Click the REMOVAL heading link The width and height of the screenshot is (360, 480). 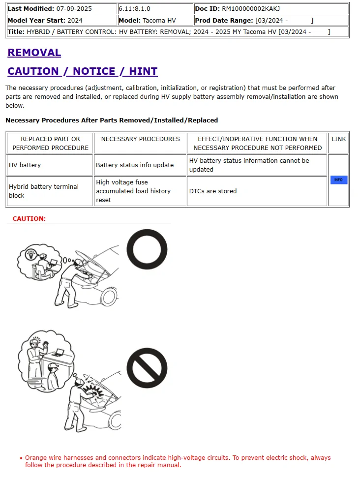(x=34, y=53)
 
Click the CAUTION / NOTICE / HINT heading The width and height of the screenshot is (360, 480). (x=82, y=71)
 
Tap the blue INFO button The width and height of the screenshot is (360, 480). (x=338, y=180)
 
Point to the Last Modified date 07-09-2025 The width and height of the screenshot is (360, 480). (x=74, y=9)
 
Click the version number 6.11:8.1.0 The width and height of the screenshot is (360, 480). (x=135, y=9)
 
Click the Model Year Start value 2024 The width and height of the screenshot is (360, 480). (x=75, y=21)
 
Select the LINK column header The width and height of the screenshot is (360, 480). (x=338, y=139)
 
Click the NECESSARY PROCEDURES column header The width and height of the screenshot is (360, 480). (x=140, y=139)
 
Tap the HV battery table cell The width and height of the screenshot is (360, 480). (x=25, y=165)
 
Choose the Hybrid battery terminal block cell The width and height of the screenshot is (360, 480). (x=44, y=191)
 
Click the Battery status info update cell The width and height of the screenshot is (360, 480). (x=135, y=165)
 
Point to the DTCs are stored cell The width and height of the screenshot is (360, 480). (x=213, y=191)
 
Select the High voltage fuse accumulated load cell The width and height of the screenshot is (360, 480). (x=133, y=191)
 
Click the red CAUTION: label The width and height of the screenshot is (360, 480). (x=29, y=218)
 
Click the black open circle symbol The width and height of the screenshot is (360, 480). (x=147, y=250)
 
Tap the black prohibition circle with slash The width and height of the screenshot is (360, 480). (x=147, y=368)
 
